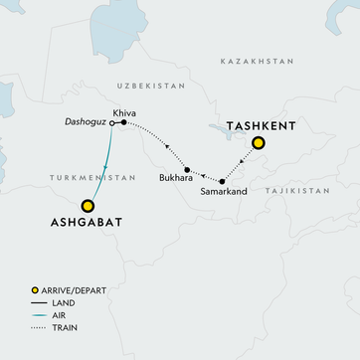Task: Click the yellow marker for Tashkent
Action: coord(258,143)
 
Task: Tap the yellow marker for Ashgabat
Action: coord(88,206)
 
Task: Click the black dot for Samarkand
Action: coord(222,181)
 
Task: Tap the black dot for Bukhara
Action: coord(187,170)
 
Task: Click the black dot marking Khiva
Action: coord(123,123)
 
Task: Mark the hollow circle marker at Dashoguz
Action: coord(110,124)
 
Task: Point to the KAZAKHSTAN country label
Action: coord(257,61)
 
